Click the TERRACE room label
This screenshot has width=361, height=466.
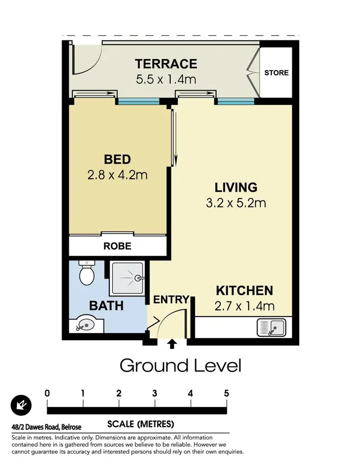tap(166, 63)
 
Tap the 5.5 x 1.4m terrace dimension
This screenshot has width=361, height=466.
tap(166, 79)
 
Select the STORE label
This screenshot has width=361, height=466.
tap(276, 73)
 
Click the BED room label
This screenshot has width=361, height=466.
tap(117, 159)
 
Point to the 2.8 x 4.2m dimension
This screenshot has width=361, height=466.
tap(117, 175)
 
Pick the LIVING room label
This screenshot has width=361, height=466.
tap(236, 187)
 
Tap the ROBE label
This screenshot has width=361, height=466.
tap(117, 246)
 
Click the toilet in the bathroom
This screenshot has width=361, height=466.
tap(87, 274)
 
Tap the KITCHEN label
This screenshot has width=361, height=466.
tap(244, 291)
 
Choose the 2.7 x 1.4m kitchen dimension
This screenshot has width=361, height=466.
tap(244, 306)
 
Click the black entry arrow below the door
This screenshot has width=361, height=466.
tap(172, 343)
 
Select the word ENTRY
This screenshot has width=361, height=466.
tap(171, 300)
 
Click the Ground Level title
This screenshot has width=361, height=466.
tap(180, 366)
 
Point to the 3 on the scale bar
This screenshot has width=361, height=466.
tap(155, 393)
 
